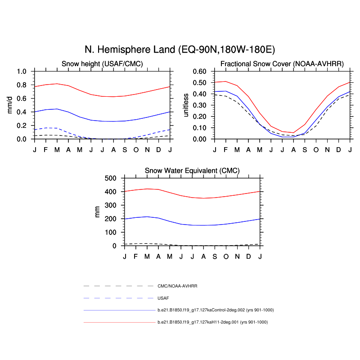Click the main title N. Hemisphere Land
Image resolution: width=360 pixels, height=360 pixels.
(x=180, y=49)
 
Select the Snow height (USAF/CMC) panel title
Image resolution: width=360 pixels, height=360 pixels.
(x=102, y=64)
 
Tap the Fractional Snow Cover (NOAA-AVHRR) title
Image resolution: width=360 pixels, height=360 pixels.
(x=282, y=64)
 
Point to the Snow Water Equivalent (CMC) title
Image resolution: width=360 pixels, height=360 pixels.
(x=192, y=171)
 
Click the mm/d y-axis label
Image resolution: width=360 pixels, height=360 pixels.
(x=10, y=105)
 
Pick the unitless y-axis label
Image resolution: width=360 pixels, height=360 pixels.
(x=186, y=105)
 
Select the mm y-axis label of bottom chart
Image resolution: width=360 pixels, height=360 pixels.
(x=97, y=212)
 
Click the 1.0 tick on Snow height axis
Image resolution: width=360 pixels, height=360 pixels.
(x=21, y=72)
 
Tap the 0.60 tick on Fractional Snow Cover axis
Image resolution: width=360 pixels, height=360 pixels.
(x=199, y=72)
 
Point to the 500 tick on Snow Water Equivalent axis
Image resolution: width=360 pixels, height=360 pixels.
(x=110, y=178)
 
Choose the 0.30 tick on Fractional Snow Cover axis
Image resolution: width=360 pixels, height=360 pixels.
(x=199, y=105)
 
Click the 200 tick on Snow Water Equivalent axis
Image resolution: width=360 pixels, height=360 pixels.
(x=110, y=219)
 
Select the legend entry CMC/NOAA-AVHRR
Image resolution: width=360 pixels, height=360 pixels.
(x=178, y=286)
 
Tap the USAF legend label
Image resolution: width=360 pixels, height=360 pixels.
(x=163, y=298)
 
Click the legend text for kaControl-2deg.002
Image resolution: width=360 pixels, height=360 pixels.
(x=216, y=310)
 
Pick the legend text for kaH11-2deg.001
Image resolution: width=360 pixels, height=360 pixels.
(x=212, y=322)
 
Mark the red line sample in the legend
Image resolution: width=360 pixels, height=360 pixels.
(x=119, y=322)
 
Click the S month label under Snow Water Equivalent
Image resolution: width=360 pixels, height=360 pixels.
(x=215, y=256)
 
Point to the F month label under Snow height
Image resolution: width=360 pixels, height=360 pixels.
(x=46, y=149)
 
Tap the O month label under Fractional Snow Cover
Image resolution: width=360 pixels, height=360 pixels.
(x=316, y=149)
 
